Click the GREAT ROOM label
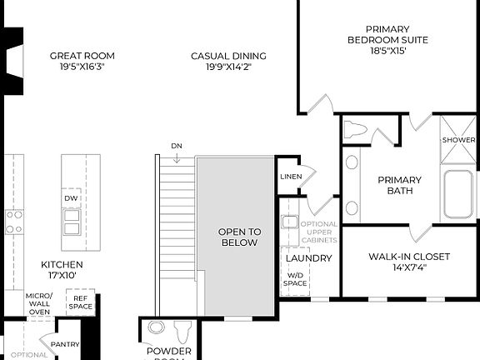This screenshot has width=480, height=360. (x=82, y=56)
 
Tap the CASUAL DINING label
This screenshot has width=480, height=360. (x=228, y=56)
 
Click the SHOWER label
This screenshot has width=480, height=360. (x=458, y=140)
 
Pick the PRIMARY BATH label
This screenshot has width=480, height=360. (x=399, y=185)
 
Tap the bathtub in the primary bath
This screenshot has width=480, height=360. (x=457, y=194)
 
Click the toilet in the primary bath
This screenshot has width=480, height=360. (x=357, y=130)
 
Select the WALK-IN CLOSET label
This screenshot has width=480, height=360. (x=409, y=256)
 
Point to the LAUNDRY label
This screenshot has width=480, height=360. (x=308, y=258)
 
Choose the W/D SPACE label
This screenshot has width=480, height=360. (x=296, y=278)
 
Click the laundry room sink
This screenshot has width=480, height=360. (x=289, y=222)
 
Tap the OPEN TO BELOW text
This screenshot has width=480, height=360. (x=240, y=237)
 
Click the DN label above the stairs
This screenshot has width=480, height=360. (x=177, y=146)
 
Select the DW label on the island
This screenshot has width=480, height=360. (x=71, y=198)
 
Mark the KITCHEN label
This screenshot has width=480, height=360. (x=62, y=269)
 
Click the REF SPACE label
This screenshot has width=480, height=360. (x=81, y=302)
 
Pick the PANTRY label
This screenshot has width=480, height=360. (x=65, y=344)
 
